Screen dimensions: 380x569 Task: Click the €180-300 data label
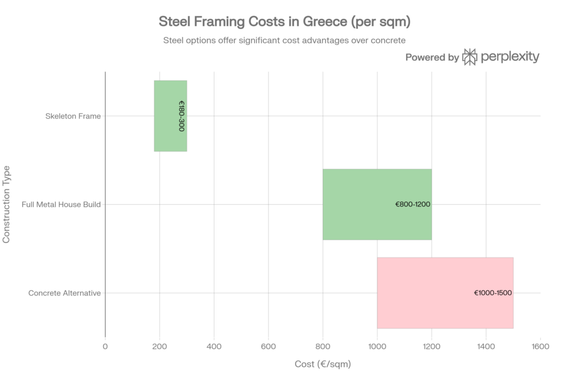coord(181,116)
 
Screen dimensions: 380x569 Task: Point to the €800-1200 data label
coord(412,204)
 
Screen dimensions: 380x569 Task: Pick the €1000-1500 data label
coord(493,293)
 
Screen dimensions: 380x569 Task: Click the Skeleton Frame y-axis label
coord(73,116)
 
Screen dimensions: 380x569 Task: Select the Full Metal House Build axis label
coord(61,205)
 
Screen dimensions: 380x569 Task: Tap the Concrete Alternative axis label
coord(64,293)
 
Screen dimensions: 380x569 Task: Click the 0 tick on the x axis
coord(105,346)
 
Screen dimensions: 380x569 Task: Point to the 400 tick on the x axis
coord(214,346)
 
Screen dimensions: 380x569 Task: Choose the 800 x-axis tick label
coord(323,346)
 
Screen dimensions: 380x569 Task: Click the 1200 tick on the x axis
coord(431,346)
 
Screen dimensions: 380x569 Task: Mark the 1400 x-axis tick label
coord(486,346)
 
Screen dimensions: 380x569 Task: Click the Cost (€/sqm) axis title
coord(323,364)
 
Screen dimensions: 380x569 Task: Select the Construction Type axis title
coord(7,204)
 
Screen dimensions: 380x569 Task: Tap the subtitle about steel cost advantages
coord(284,40)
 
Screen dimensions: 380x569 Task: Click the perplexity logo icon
coord(470,57)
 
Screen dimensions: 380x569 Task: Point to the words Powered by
coord(432,57)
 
